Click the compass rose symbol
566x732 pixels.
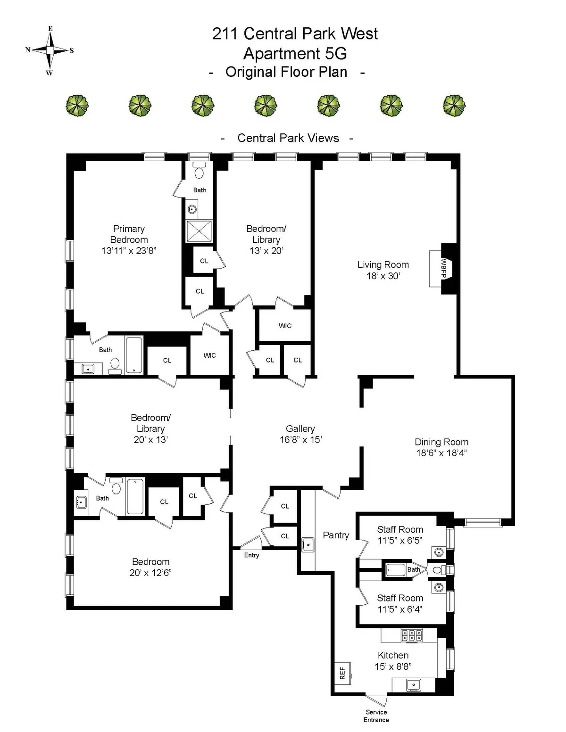50,50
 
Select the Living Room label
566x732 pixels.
383,265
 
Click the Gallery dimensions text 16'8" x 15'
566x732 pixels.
300,440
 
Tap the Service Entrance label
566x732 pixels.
376,716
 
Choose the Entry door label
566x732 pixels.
251,555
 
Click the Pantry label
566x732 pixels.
336,535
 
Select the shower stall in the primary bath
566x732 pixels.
200,231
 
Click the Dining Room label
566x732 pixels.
441,442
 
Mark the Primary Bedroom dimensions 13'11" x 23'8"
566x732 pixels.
128,251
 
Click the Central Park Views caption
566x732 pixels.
288,138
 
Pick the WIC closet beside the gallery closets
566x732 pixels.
285,326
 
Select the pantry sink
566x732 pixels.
308,544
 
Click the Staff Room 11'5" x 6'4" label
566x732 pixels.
400,603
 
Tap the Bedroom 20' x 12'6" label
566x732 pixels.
150,567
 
